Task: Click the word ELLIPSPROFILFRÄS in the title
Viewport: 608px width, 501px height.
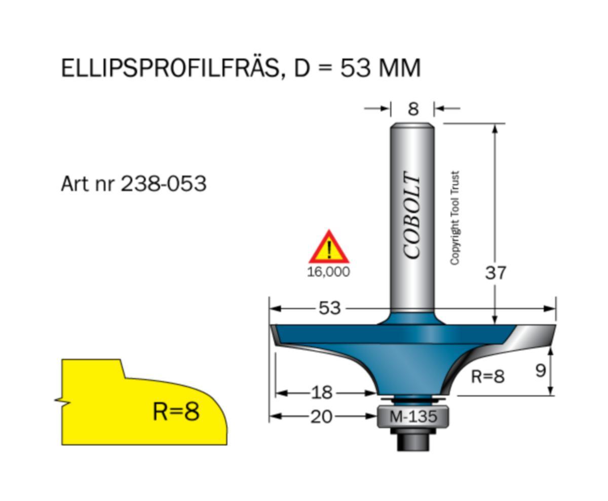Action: [170, 68]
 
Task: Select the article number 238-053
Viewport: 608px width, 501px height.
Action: [163, 183]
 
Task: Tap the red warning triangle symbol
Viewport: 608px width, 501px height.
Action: [329, 248]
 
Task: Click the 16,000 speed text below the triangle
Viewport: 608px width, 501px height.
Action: [328, 272]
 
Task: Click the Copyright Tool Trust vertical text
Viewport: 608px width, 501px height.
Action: [454, 218]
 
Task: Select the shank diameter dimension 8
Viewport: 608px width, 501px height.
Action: [413, 109]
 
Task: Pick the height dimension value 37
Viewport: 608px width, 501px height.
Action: [495, 273]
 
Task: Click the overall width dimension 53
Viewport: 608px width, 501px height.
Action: [329, 308]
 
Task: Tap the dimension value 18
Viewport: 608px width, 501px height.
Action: [321, 392]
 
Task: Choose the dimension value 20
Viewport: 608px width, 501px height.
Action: [321, 416]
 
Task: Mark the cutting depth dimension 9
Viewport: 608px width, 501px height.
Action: [540, 371]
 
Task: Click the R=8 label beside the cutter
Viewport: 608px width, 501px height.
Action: [487, 376]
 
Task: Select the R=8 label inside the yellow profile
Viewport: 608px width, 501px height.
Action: [176, 411]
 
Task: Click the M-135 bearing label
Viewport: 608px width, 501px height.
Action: [413, 417]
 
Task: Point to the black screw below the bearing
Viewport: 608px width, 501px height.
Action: [413, 442]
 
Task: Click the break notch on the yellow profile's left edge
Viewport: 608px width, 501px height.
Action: [62, 401]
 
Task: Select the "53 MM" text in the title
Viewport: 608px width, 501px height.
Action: [380, 68]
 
